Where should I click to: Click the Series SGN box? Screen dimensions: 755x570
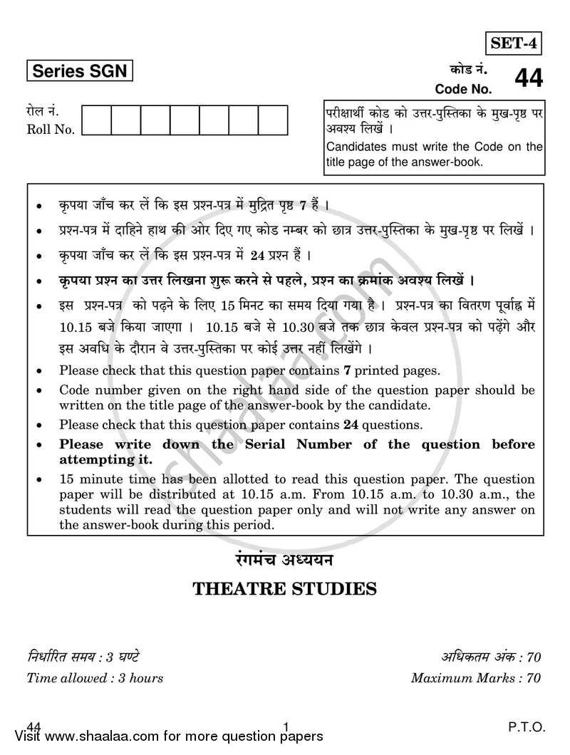click(80, 72)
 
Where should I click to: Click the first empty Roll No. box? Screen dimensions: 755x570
click(97, 120)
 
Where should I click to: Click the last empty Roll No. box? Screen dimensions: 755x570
click(273, 120)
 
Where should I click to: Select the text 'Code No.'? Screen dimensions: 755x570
click(463, 90)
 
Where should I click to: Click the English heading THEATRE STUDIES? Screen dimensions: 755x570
click(284, 589)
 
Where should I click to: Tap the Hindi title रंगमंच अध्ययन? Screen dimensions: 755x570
click(284, 560)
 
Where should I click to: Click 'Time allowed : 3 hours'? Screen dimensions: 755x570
click(95, 678)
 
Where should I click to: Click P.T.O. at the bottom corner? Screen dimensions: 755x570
click(527, 727)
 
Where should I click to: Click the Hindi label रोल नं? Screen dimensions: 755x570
click(43, 113)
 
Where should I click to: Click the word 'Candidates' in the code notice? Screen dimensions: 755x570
click(356, 147)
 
